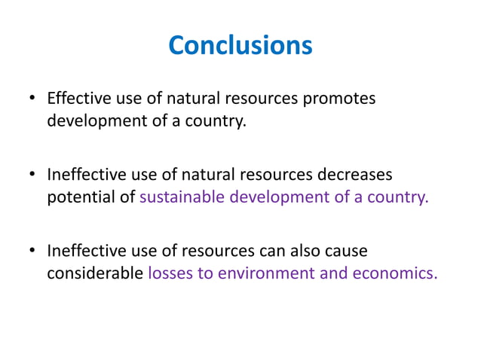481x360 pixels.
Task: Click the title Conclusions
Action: tap(240, 45)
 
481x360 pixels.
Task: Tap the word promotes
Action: tap(340, 99)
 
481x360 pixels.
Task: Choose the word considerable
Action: tap(94, 273)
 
